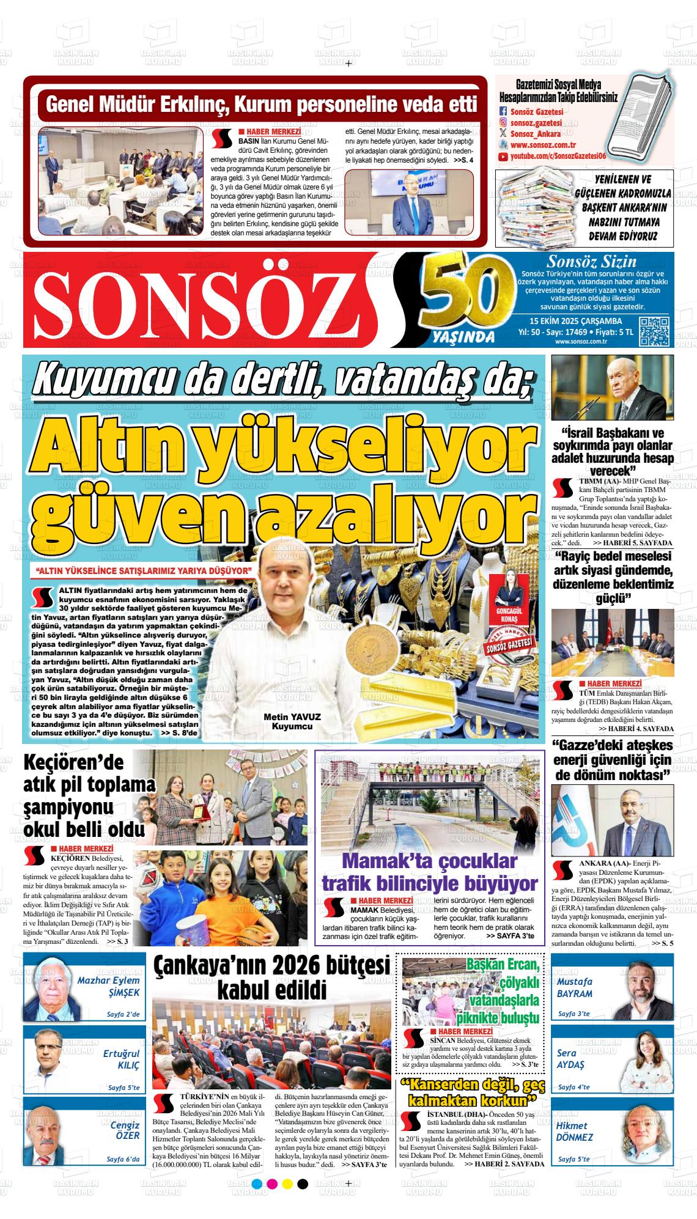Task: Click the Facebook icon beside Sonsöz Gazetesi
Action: (x=503, y=111)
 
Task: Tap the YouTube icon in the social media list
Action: (x=503, y=157)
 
